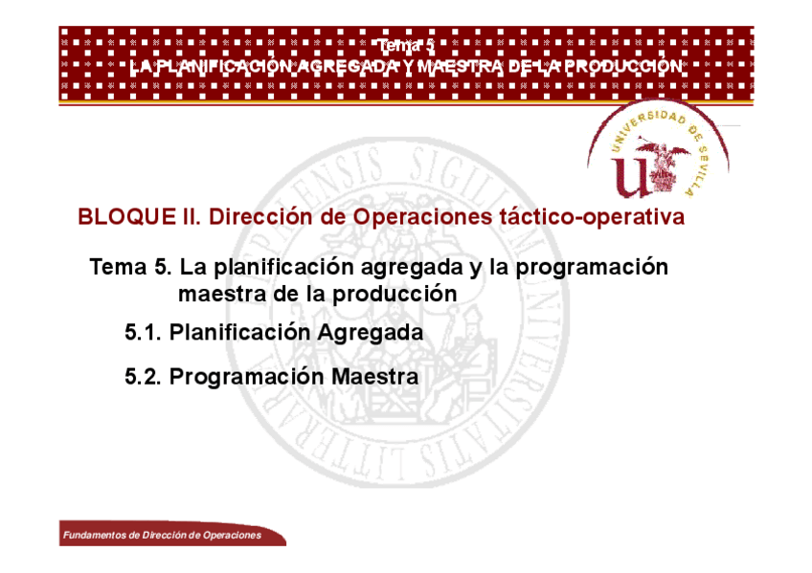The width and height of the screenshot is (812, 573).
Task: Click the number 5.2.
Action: (x=143, y=377)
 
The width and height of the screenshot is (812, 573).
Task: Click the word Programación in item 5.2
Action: (x=247, y=378)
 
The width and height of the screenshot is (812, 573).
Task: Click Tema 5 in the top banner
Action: (x=406, y=46)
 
